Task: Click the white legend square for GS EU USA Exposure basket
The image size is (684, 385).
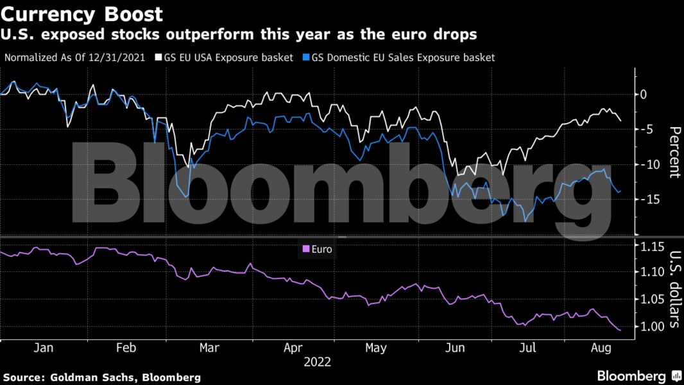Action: coord(158,57)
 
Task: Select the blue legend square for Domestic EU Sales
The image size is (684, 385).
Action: coord(306,57)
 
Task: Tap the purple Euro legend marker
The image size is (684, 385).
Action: coord(305,249)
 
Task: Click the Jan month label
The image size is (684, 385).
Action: coord(42,348)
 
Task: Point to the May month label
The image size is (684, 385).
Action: coord(376,348)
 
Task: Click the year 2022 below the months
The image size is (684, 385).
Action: coord(318,362)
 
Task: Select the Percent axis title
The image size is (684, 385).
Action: coord(674,152)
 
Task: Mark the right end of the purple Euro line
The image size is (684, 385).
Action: coord(620,330)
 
